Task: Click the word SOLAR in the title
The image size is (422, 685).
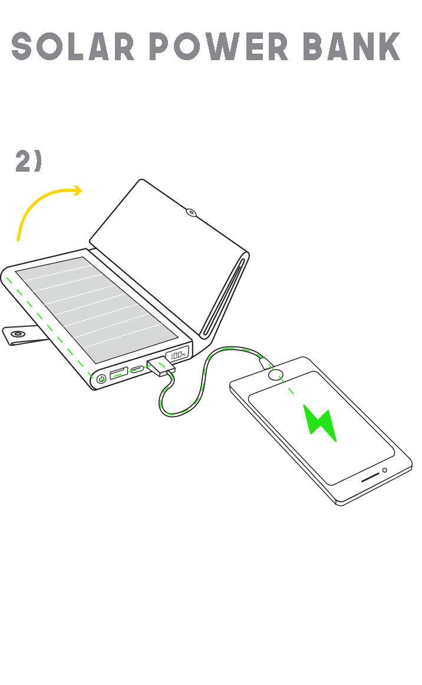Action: pyautogui.click(x=72, y=46)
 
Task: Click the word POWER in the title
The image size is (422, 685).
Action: pyautogui.click(x=219, y=46)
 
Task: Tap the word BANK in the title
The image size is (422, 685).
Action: pyautogui.click(x=351, y=46)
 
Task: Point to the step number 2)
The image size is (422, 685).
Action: pyautogui.click(x=28, y=160)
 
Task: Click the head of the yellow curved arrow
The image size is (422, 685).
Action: pyautogui.click(x=78, y=191)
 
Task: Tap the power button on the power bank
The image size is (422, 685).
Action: pyautogui.click(x=102, y=379)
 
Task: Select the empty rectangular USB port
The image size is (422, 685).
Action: pyautogui.click(x=118, y=373)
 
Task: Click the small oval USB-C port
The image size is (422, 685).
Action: pyautogui.click(x=137, y=369)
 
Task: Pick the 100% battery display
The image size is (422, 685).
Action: pyautogui.click(x=178, y=354)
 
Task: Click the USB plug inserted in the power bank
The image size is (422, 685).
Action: pyautogui.click(x=160, y=366)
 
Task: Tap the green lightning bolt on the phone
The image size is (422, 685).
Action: pyautogui.click(x=320, y=422)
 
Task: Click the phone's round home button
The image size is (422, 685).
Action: pyautogui.click(x=275, y=375)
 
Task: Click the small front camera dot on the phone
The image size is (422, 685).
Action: pyautogui.click(x=384, y=470)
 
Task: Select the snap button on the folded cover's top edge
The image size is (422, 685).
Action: pyautogui.click(x=191, y=213)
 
